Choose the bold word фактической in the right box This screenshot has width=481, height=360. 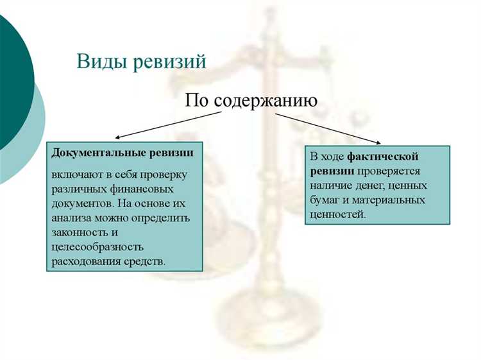click(383, 157)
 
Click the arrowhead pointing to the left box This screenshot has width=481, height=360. click(117, 137)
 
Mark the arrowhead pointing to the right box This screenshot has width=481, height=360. click(382, 142)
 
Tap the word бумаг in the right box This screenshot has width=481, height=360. click(325, 200)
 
